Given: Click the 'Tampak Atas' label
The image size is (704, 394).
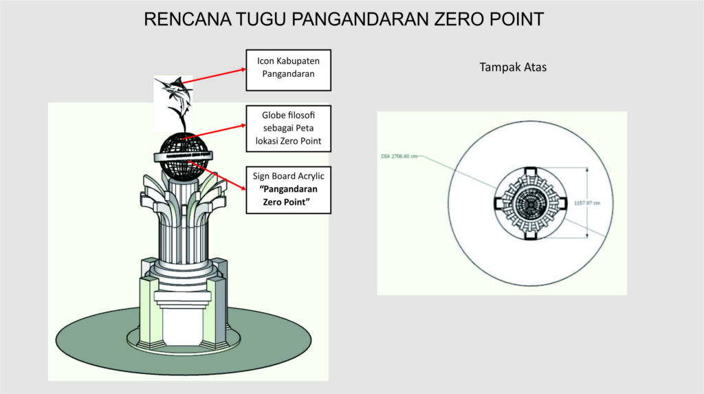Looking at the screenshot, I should (513, 67).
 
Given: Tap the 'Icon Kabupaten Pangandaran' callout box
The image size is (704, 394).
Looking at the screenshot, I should (288, 69).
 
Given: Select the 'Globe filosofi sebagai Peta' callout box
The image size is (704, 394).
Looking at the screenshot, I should (288, 129).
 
